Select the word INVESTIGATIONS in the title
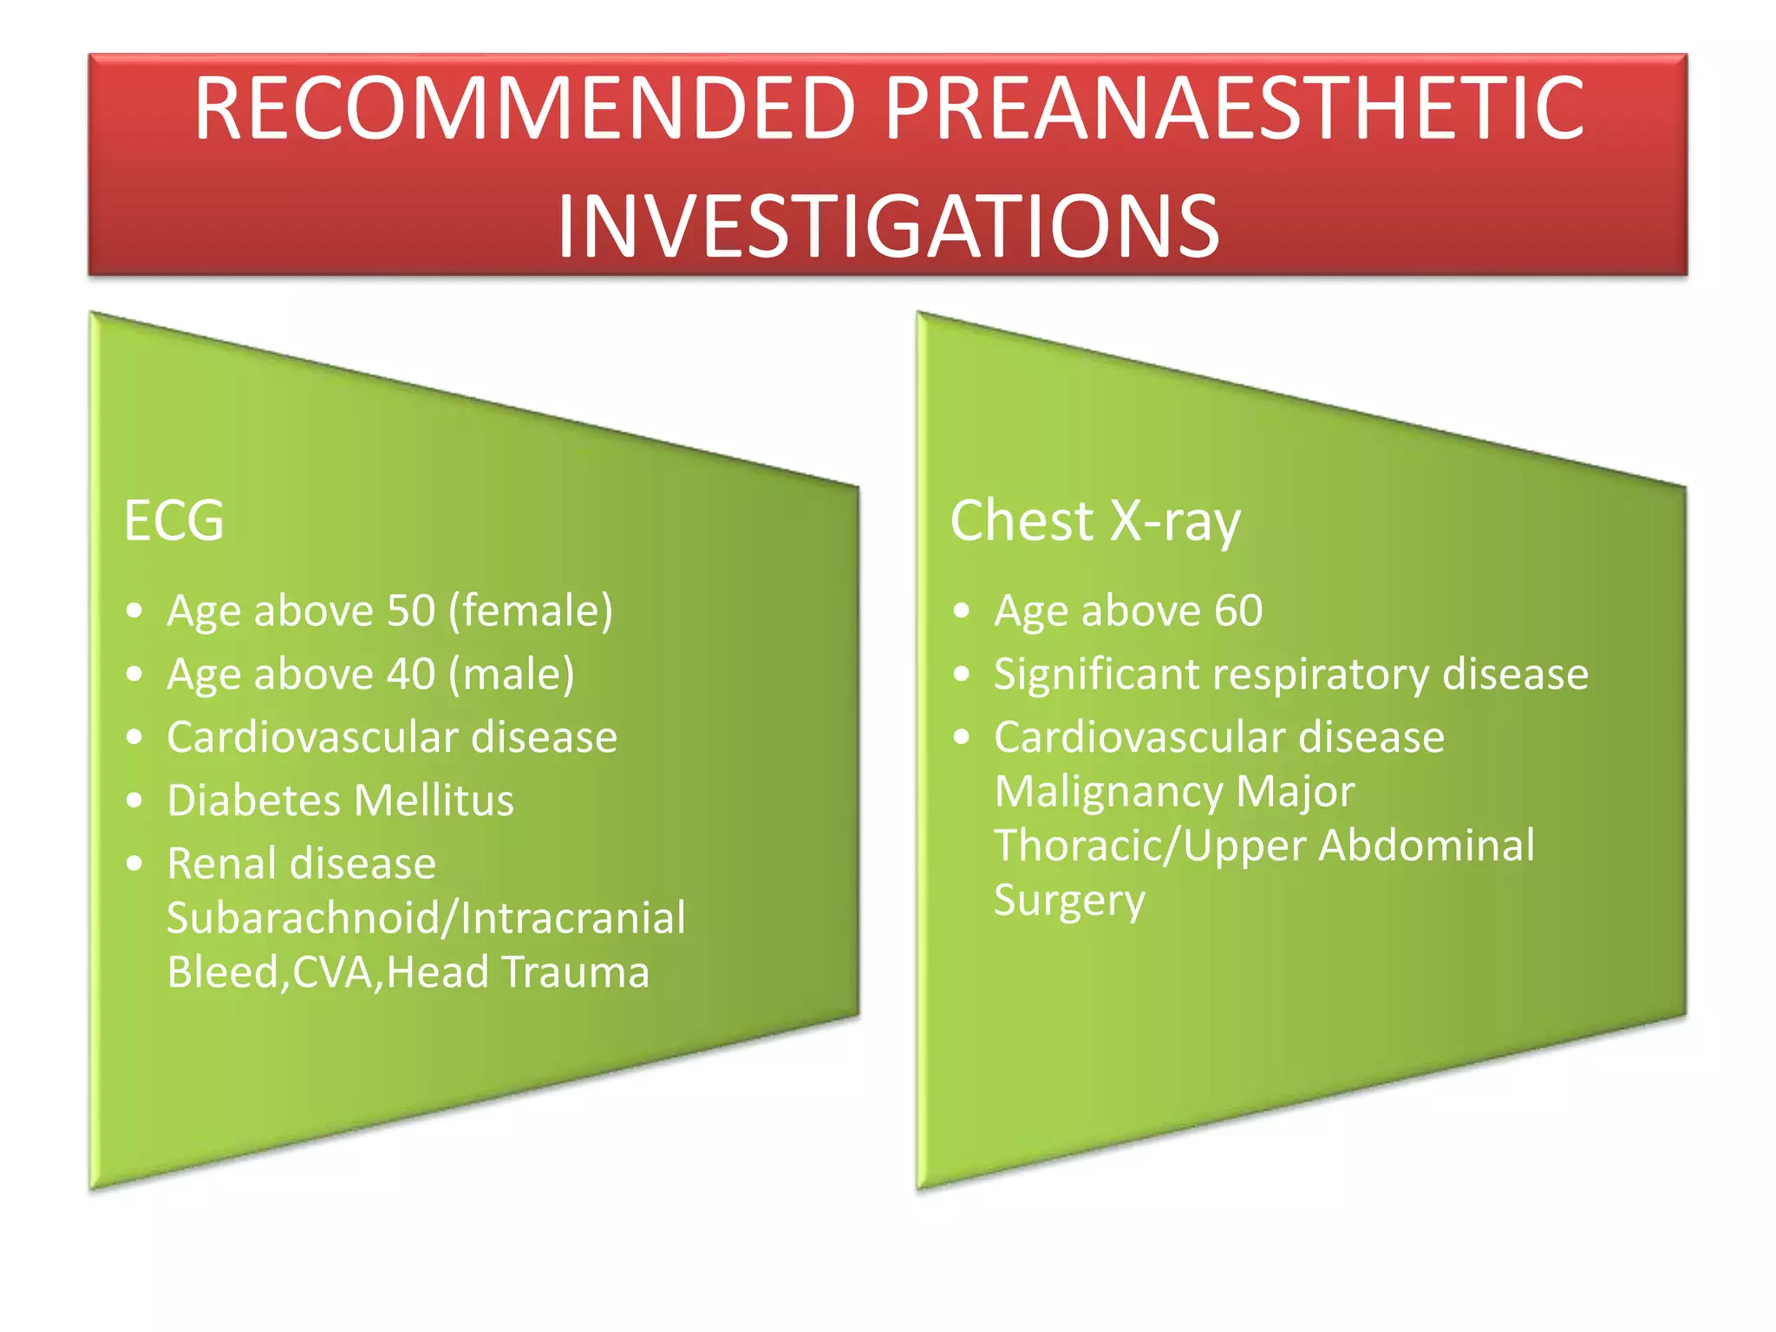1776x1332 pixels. tap(888, 227)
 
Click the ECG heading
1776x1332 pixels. tap(173, 521)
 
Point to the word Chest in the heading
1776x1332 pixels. tap(1022, 521)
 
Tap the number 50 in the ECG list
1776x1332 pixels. tap(410, 610)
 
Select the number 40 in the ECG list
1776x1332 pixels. tap(410, 674)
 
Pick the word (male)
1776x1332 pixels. tap(512, 674)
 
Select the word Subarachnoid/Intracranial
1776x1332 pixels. tap(426, 917)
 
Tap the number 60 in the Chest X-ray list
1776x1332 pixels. tap(1237, 610)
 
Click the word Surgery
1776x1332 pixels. tap(1068, 901)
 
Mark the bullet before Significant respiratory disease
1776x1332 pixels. tap(961, 674)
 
